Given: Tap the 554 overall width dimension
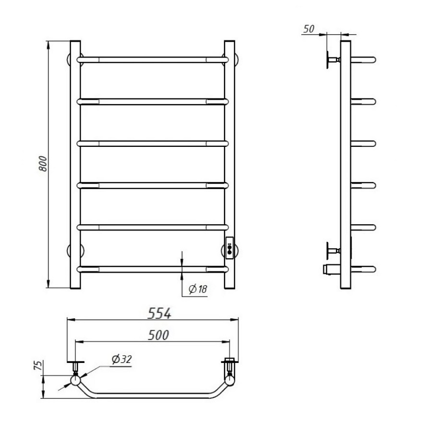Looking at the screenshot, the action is pyautogui.click(x=159, y=313).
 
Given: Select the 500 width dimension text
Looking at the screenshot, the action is pyautogui.click(x=158, y=335).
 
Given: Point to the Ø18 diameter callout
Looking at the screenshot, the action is pyautogui.click(x=198, y=289).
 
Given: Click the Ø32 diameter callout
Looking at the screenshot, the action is pyautogui.click(x=122, y=359).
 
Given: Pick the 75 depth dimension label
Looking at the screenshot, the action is pyautogui.click(x=38, y=365).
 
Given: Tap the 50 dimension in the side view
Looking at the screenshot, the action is pyautogui.click(x=309, y=29).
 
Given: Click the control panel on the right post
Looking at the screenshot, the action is pyautogui.click(x=229, y=248).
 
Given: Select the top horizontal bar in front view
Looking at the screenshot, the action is pyautogui.click(x=153, y=60).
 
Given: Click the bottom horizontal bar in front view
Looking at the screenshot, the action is pyautogui.click(x=153, y=269).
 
